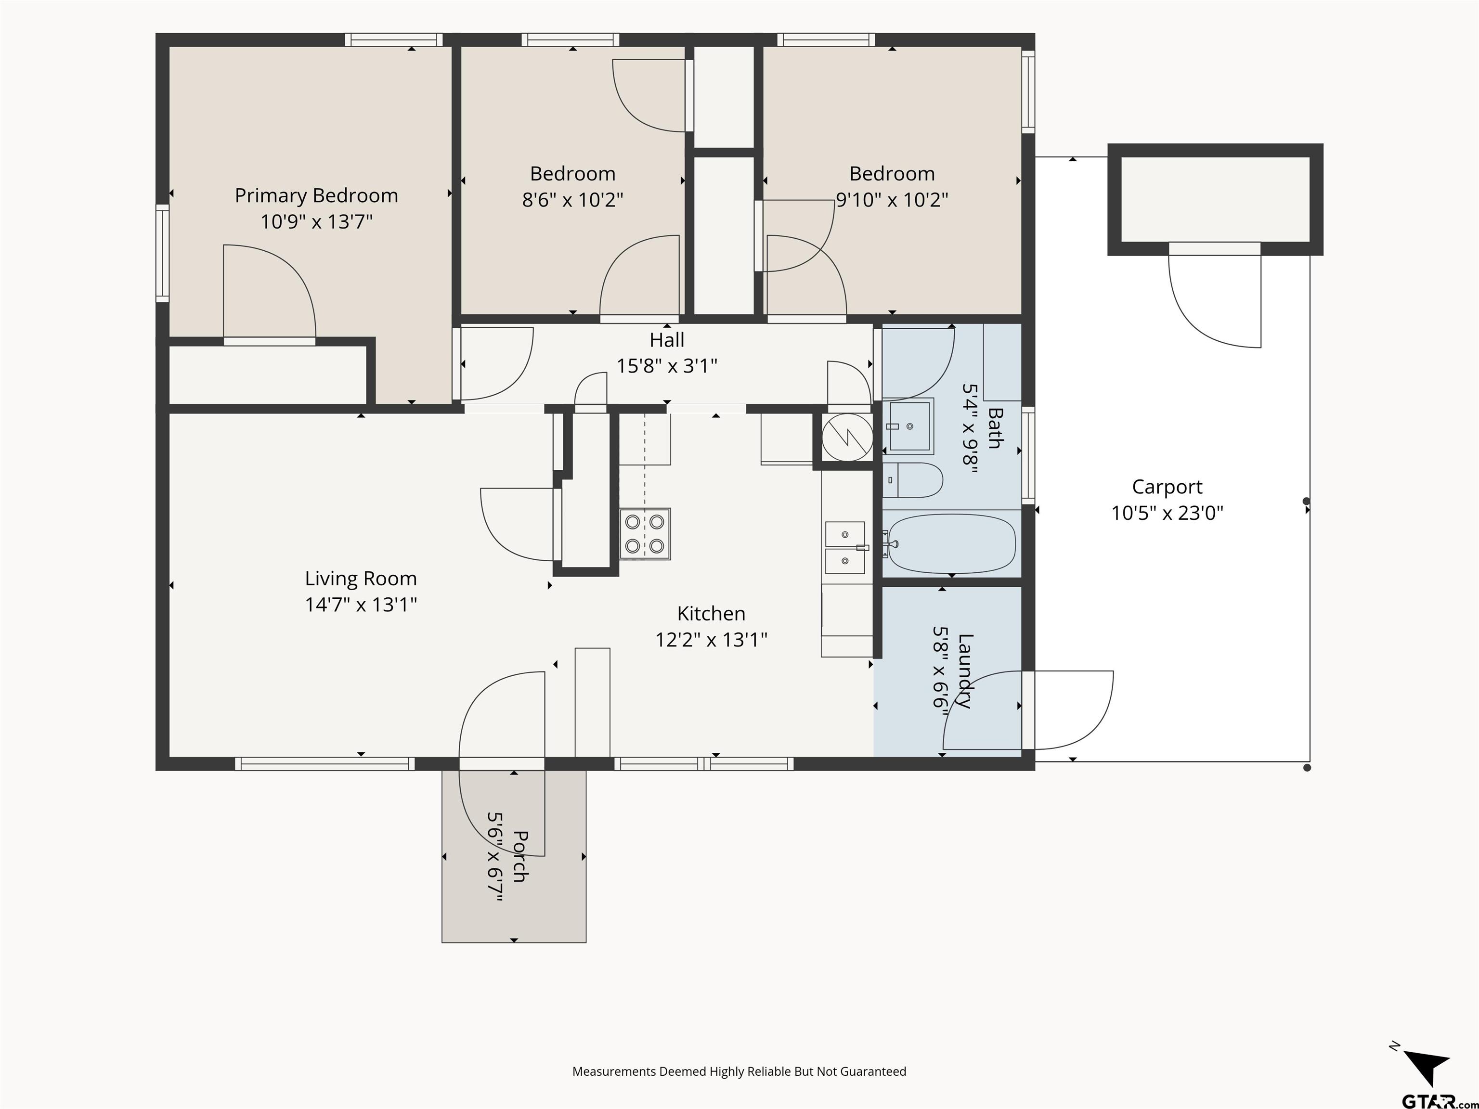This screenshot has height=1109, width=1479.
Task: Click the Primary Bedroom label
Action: point(316,196)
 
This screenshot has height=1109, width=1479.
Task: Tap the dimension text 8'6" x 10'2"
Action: point(572,200)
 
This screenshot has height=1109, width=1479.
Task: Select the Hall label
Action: point(667,340)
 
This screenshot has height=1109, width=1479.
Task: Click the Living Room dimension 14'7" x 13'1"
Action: point(361,604)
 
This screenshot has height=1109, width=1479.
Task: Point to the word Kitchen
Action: point(711,614)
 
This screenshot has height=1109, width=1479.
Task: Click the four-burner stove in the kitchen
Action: point(645,534)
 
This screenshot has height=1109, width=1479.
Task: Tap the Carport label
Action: point(1167,487)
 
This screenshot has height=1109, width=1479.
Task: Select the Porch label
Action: point(520,856)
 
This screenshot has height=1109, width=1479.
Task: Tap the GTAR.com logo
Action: point(1439,1100)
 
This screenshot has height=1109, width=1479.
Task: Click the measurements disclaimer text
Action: point(739,1071)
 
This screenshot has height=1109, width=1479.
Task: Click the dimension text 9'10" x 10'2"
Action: point(892,200)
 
